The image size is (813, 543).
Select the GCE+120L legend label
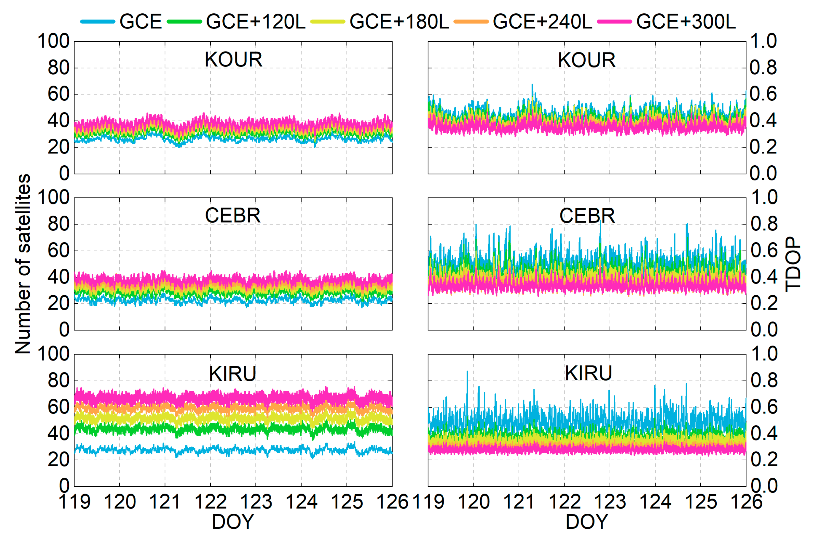[255, 21]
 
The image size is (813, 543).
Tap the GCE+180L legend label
[399, 21]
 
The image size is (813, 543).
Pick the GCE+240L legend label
[542, 21]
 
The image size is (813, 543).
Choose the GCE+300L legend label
[686, 21]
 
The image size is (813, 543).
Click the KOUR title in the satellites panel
[233, 60]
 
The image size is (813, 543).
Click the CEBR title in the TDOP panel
[587, 216]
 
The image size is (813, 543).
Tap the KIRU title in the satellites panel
[232, 374]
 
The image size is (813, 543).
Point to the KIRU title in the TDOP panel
[588, 373]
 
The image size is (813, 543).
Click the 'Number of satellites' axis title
[23, 264]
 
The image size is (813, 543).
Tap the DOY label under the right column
[587, 522]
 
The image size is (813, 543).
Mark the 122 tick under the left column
[210, 502]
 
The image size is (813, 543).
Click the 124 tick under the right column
[655, 502]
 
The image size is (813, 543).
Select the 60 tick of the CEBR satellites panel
[59, 251]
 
